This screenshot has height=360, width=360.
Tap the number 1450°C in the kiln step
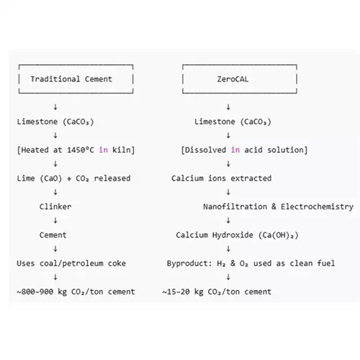(x=81, y=150)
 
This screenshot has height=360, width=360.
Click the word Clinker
(x=55, y=207)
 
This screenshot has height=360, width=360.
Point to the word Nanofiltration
(x=235, y=207)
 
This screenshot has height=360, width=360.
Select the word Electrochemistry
(x=317, y=207)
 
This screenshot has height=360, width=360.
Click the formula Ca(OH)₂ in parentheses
(x=279, y=235)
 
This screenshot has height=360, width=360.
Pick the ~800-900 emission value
(x=35, y=292)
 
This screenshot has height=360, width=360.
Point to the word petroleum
(x=83, y=264)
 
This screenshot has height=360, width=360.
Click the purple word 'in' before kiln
(x=103, y=150)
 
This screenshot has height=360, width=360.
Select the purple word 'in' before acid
(x=235, y=150)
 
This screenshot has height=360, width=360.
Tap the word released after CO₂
(x=112, y=179)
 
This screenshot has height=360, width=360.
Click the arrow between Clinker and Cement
(x=55, y=220)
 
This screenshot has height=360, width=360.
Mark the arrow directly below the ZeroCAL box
(x=228, y=107)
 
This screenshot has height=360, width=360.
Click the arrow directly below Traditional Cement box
(x=55, y=107)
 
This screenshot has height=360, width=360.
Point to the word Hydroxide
(x=233, y=235)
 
